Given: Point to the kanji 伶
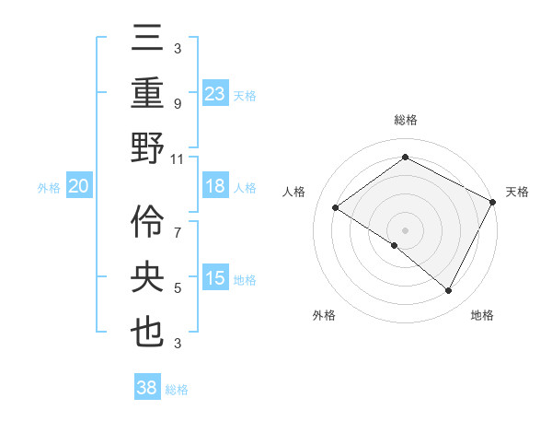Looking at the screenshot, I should pyautogui.click(x=147, y=221).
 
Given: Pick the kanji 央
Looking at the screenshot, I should pyautogui.click(x=147, y=276).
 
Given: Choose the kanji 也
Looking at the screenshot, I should pyautogui.click(x=147, y=332).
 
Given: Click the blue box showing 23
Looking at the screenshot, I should pyautogui.click(x=215, y=93).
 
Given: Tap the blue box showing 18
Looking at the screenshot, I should pyautogui.click(x=215, y=187).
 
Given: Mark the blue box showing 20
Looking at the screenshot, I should pyautogui.click(x=78, y=187).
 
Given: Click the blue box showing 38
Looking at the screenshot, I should pyautogui.click(x=147, y=388).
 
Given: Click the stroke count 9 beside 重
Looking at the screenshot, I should pyautogui.click(x=178, y=104).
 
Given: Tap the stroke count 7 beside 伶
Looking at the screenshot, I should pyautogui.click(x=178, y=224).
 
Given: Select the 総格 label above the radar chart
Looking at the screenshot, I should pyautogui.click(x=405, y=120).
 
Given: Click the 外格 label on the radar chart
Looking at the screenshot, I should pyautogui.click(x=324, y=315).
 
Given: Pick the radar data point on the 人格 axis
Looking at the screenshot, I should pyautogui.click(x=335, y=208).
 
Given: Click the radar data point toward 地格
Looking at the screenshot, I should pyautogui.click(x=449, y=291).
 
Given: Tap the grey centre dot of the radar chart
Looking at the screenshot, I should pyautogui.click(x=405, y=229).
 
